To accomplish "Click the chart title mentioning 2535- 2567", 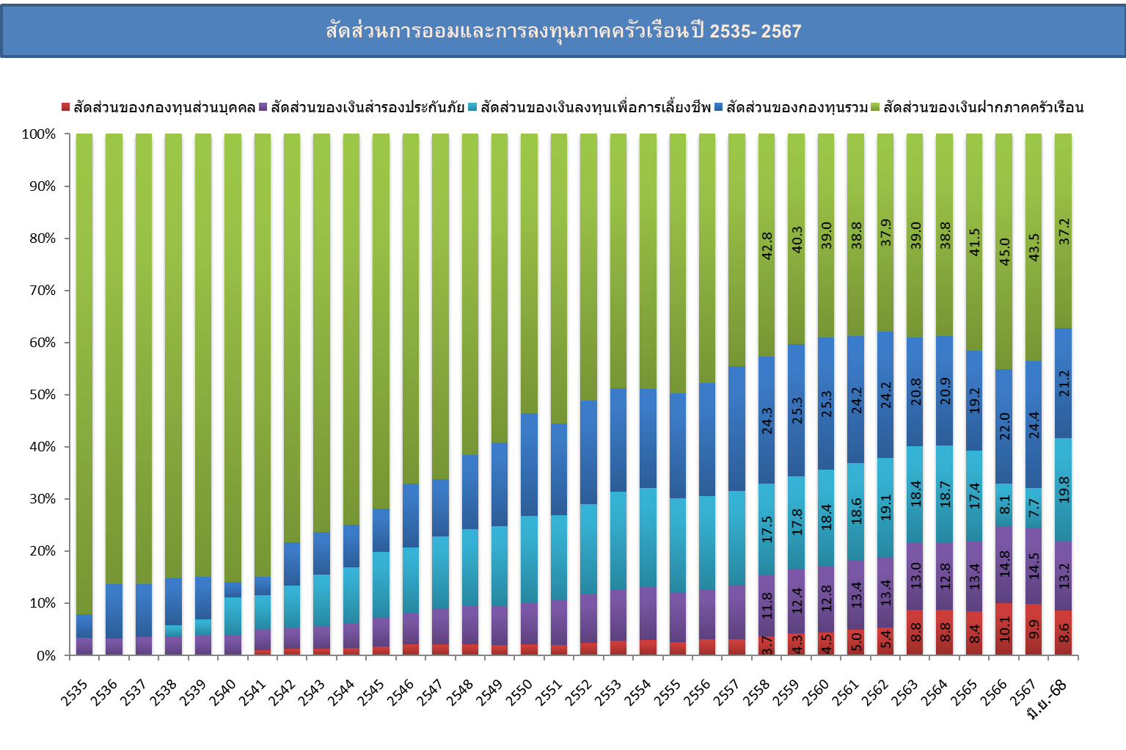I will pos(563,31).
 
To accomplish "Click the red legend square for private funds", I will pos(65,108).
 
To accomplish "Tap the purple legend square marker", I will pos(263,108).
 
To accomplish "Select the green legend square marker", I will pos(874,108).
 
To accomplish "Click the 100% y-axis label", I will pos(39,134).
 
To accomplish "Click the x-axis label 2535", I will pos(75,692).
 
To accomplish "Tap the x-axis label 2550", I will pos(519,692).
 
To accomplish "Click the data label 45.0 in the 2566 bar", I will pos(1004,252).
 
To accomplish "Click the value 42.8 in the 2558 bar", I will pos(767,247).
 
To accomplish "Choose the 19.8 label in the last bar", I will pos(1064,489).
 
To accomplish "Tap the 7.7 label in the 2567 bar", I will pos(1034,508).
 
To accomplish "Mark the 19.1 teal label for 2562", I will pos(885,507).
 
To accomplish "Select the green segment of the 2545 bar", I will pos(381,321).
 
